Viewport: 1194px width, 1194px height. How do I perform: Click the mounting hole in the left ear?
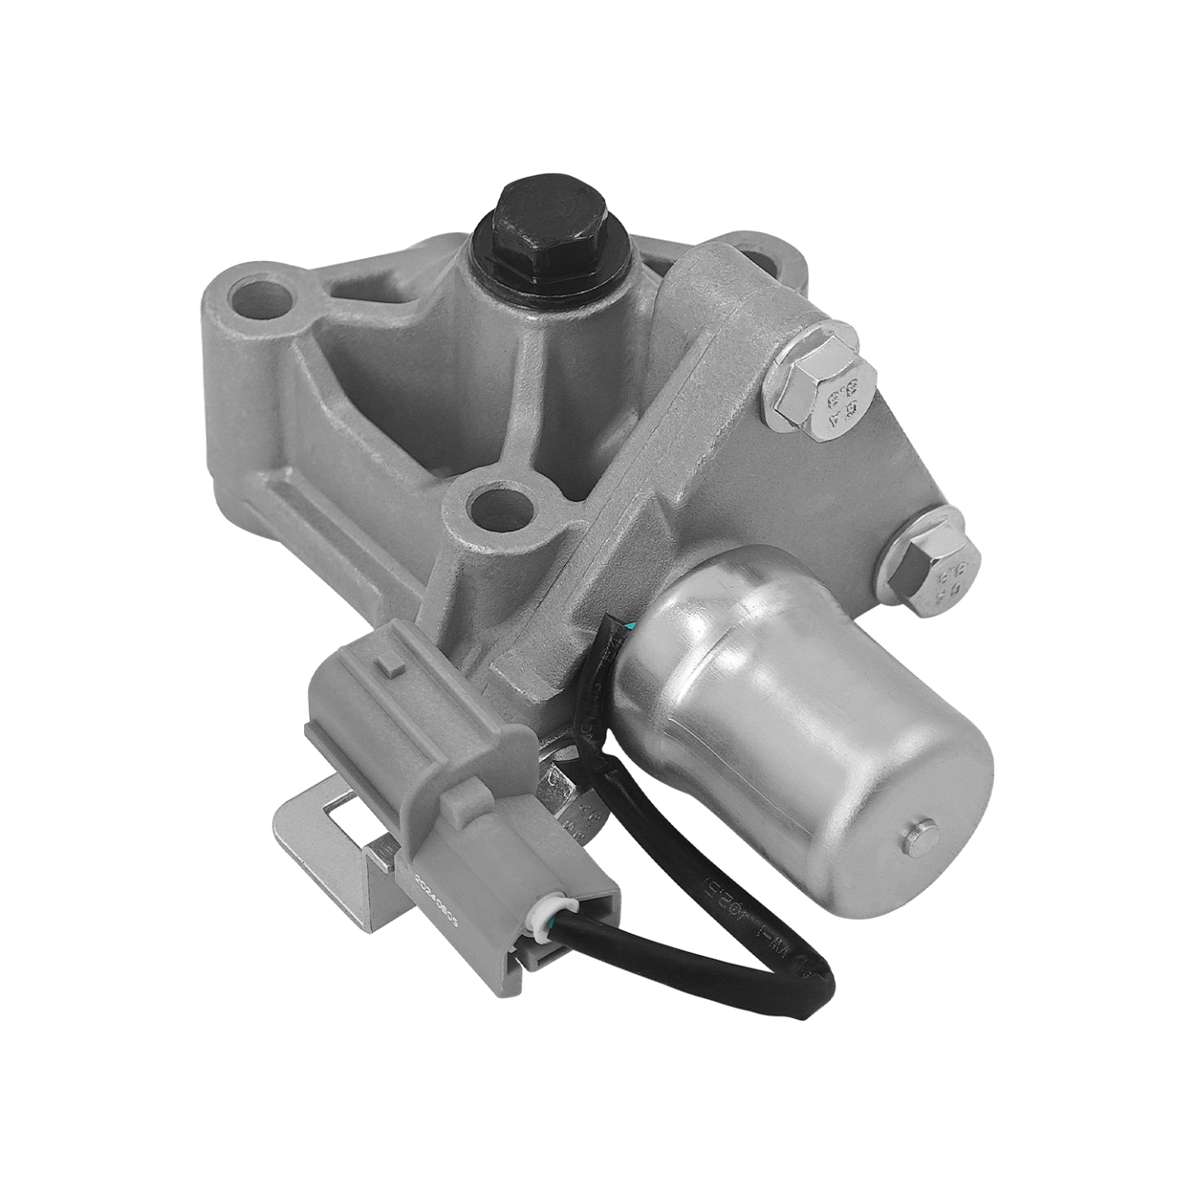click(x=264, y=299)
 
